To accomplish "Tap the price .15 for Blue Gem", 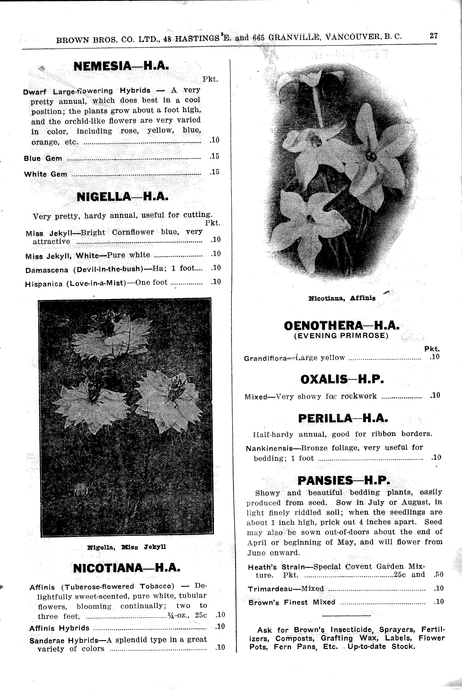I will coord(215,156).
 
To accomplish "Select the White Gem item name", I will coord(46,174).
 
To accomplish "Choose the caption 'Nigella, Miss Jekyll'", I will coord(127,547).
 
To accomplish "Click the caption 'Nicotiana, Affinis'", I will coord(342,298).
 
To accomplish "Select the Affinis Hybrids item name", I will coord(59,628).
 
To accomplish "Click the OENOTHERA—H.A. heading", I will coord(341,326).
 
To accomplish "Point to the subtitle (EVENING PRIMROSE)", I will coord(341,336).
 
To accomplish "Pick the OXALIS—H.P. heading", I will coord(342,379).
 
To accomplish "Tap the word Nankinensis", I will coord(269,448).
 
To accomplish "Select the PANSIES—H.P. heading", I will coord(343,480).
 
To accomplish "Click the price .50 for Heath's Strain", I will coord(438,574).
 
